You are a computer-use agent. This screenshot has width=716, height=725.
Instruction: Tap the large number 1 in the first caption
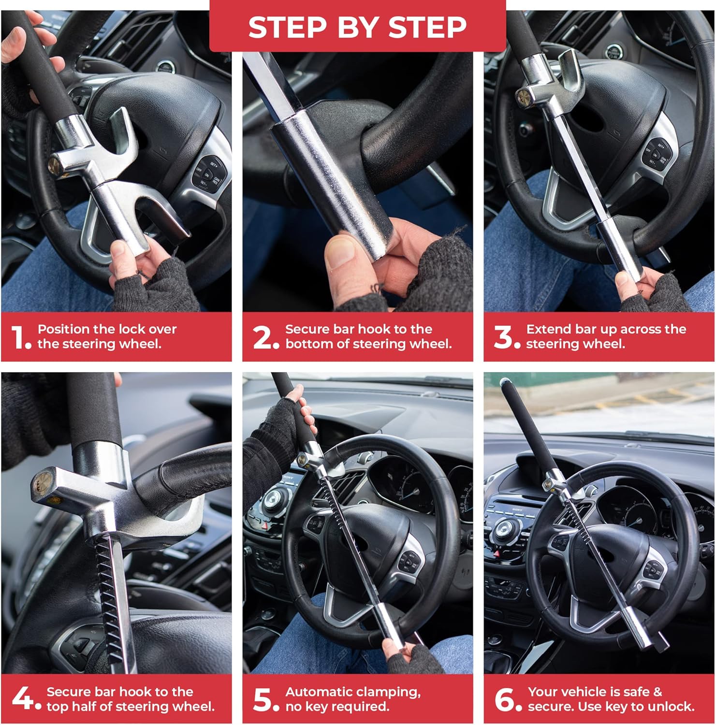(x=18, y=337)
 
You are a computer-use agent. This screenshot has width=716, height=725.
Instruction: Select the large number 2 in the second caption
(x=263, y=337)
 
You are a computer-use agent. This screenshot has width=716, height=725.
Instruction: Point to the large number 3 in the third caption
(x=503, y=337)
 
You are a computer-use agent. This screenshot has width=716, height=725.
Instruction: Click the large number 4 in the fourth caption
(x=22, y=698)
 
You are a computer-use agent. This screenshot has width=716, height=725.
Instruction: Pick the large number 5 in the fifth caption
(x=263, y=699)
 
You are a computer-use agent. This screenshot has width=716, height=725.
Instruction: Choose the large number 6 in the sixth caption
(x=504, y=699)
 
